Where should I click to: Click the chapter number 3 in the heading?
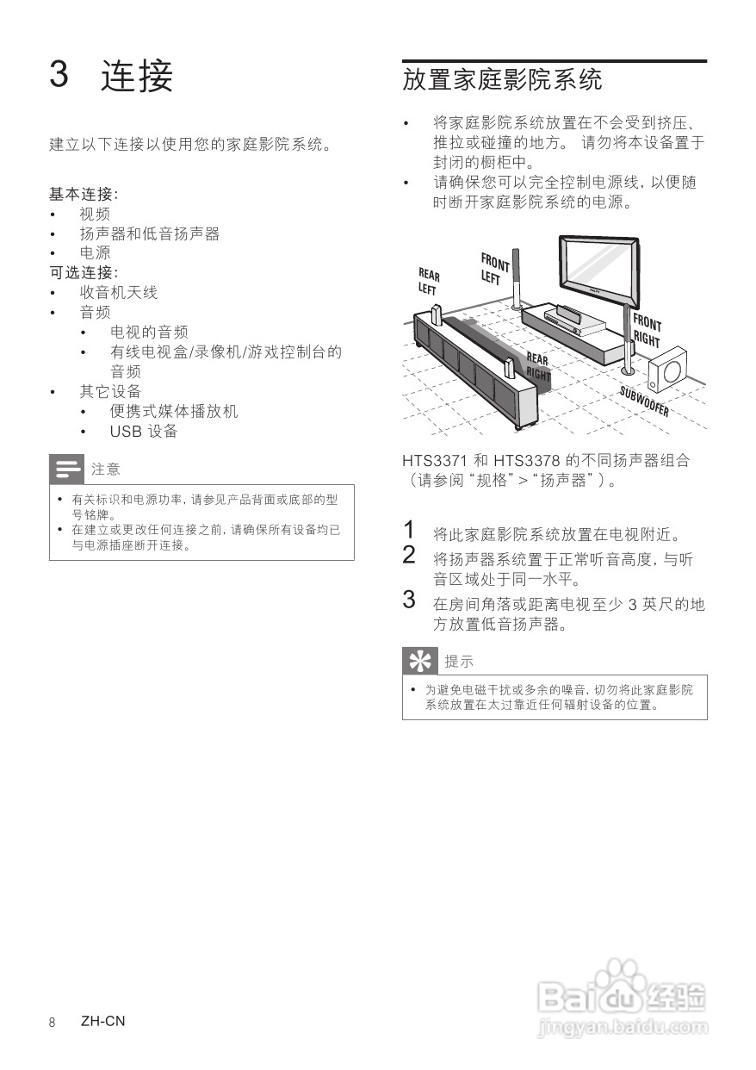pyautogui.click(x=59, y=75)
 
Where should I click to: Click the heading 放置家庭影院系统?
pyautogui.click(x=502, y=80)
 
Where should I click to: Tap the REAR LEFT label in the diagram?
pyautogui.click(x=429, y=281)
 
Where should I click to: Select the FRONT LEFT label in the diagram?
pyautogui.click(x=494, y=268)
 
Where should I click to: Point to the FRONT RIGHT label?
pyautogui.click(x=647, y=331)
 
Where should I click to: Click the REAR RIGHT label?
pyautogui.click(x=538, y=366)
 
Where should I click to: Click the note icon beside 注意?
pyautogui.click(x=66, y=470)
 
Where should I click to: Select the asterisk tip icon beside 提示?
pyautogui.click(x=419, y=662)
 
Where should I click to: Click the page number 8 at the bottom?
pyautogui.click(x=53, y=1023)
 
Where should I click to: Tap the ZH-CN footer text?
pyautogui.click(x=102, y=1022)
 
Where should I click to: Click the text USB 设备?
pyautogui.click(x=144, y=432)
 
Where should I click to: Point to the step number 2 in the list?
pyautogui.click(x=409, y=555)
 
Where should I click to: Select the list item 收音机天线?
pyautogui.click(x=119, y=293)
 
